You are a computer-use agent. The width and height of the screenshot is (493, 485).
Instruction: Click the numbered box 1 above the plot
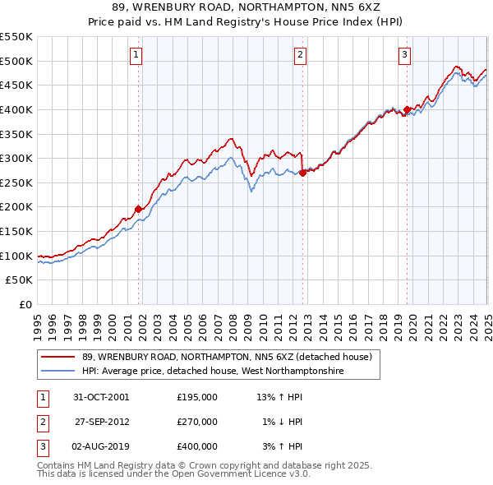click(x=136, y=55)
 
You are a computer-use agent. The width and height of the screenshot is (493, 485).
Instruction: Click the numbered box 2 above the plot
click(x=300, y=55)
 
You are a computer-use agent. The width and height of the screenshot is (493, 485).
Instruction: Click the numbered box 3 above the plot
click(x=405, y=55)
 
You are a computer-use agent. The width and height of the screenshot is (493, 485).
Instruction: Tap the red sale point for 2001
click(x=139, y=209)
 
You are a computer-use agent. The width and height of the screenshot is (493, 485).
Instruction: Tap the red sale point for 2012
click(x=302, y=173)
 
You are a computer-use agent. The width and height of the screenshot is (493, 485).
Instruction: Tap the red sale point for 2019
click(x=407, y=109)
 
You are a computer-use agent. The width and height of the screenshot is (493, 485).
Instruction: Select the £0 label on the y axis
click(x=25, y=304)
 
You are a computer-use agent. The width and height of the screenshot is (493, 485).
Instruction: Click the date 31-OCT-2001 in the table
click(x=101, y=397)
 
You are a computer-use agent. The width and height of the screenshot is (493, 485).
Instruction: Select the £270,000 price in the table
click(x=197, y=422)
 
